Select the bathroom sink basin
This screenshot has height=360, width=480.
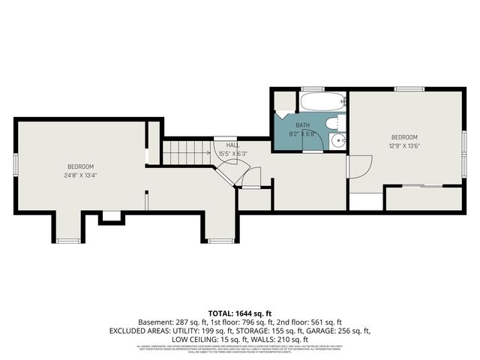[339, 139]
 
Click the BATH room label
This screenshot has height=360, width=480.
[301, 125]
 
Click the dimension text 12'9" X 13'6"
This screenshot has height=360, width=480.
[403, 146]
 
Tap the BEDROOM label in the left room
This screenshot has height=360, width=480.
[80, 166]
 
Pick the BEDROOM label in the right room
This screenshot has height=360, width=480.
[403, 137]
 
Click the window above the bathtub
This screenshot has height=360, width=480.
[312, 89]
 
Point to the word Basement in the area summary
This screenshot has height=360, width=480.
[154, 321]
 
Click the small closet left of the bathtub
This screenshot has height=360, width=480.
[283, 101]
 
